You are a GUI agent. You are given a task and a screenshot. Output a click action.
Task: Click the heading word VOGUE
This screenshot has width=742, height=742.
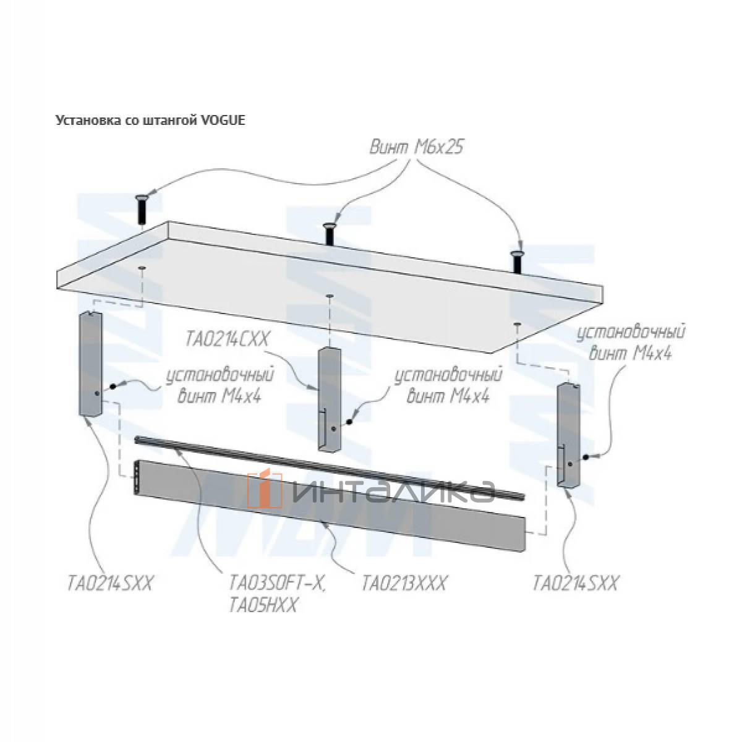coord(223,120)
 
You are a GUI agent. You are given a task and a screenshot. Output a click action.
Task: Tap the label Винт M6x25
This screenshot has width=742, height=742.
coord(416,147)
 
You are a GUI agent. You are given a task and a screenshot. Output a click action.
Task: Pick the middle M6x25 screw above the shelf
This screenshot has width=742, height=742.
coord(330,234)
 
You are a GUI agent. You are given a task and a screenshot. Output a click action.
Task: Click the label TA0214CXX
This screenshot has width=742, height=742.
coord(226,340)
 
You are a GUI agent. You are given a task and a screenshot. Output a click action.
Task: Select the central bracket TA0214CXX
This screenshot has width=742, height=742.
coord(328,399)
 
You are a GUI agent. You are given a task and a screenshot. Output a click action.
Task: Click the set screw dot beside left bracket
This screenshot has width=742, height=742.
coord(113,386)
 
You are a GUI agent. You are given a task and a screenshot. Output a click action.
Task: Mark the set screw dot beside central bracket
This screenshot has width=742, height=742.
coord(349,422)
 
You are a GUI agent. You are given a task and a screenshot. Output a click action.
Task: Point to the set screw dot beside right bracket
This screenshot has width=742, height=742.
coord(586,457)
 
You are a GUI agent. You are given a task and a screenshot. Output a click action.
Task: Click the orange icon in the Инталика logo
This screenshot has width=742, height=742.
coord(266,489)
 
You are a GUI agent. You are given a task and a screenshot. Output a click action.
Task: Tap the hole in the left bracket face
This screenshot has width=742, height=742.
coord(96,393)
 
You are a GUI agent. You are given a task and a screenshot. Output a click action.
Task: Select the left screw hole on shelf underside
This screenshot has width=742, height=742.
coord(142,267)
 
